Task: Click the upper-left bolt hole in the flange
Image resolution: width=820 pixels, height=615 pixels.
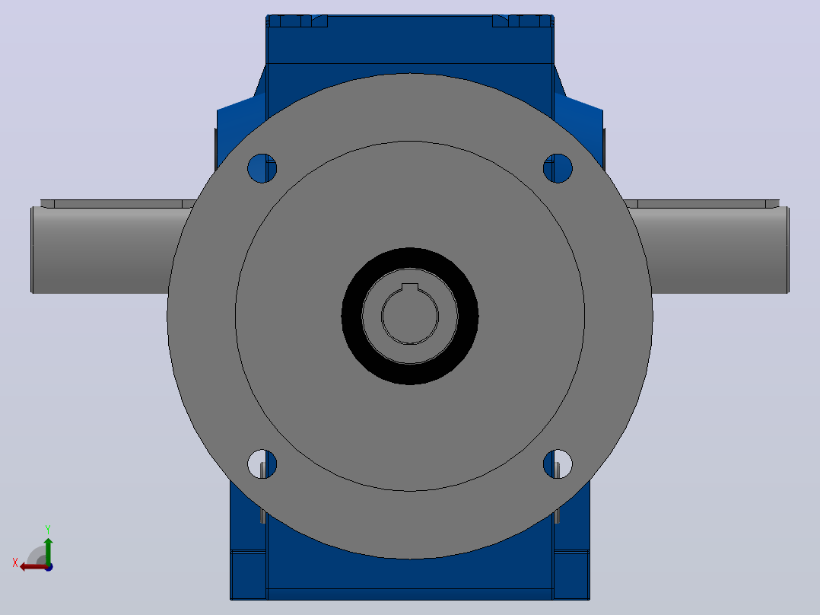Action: click(x=262, y=168)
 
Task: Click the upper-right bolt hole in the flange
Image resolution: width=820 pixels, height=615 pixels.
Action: click(x=558, y=168)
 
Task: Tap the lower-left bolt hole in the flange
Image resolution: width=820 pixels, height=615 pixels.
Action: click(x=262, y=464)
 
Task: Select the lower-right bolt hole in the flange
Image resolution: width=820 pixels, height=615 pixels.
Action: click(x=558, y=464)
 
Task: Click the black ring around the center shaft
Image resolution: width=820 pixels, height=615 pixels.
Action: click(x=351, y=316)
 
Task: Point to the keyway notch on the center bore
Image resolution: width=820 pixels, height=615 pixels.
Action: click(x=410, y=287)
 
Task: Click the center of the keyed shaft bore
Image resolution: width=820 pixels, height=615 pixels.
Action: click(x=410, y=316)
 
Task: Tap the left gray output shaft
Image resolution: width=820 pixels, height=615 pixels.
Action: click(x=105, y=250)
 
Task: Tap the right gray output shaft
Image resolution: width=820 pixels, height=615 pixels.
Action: click(x=711, y=250)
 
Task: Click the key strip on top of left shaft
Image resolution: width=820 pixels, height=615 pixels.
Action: click(x=118, y=203)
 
